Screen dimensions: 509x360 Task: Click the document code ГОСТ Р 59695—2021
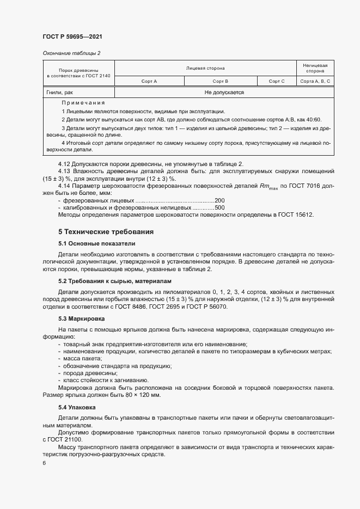pos(72,36)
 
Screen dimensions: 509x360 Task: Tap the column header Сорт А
pos(149,81)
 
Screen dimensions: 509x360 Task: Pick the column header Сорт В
pos(219,81)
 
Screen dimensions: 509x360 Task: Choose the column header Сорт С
pos(277,81)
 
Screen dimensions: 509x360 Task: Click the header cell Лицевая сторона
pos(205,68)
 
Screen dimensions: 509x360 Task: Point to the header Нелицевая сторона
pos(315,68)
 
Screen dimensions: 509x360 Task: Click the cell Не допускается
pos(224,93)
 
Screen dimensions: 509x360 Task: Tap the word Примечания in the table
pos(83,102)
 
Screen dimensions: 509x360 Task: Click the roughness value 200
pos(220,200)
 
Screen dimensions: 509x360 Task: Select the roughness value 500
pos(220,207)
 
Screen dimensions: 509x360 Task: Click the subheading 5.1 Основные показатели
pos(97,243)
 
